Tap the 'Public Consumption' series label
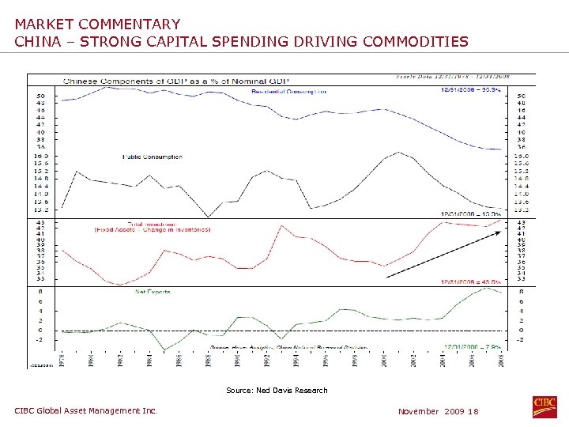point(153,157)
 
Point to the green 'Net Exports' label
point(153,292)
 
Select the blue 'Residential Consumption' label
point(288,92)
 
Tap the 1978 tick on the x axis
point(63,357)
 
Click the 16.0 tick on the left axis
point(40,157)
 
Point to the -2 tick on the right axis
point(519,340)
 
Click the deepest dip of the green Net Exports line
point(164,350)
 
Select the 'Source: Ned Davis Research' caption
point(277,390)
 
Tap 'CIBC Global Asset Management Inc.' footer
point(86,410)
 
